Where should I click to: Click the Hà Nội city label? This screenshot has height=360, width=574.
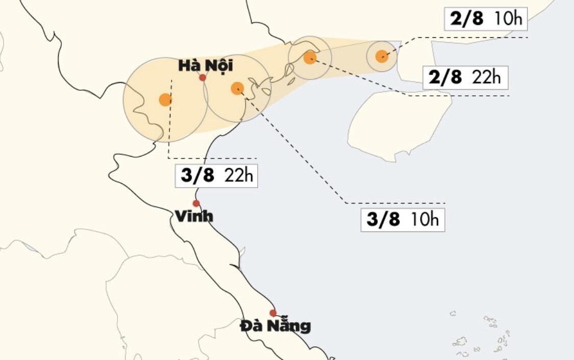point(205,65)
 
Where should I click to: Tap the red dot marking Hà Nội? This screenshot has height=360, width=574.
point(203,78)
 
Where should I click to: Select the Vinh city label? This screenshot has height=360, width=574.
point(194,217)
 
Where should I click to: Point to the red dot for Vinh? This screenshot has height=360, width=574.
point(196,203)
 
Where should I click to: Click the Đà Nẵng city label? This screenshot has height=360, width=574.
point(276,325)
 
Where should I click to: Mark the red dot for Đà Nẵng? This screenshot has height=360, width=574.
point(273,313)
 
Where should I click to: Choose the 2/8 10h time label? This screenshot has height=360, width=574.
point(485,19)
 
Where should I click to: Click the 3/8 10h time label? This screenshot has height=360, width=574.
point(403,219)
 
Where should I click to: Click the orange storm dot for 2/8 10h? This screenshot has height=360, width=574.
point(382,56)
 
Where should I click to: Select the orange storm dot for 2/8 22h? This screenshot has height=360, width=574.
point(310,58)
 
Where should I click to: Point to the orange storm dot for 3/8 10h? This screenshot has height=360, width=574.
point(237,88)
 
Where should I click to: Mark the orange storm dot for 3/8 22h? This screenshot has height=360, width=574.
point(165,99)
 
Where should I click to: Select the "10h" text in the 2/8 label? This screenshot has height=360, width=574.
point(508,19)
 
